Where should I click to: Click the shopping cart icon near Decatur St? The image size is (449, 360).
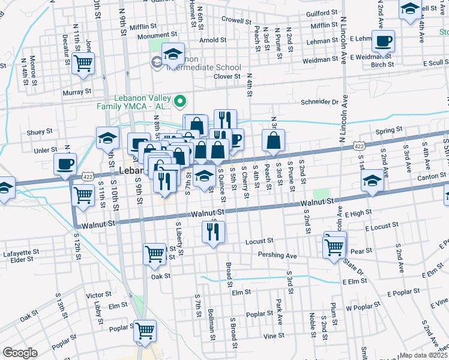pyautogui.click(x=83, y=64)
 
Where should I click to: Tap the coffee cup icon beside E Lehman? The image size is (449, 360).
pyautogui.click(x=383, y=42)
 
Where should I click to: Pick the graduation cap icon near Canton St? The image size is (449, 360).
pyautogui.click(x=372, y=182)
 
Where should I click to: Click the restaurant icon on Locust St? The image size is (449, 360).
pyautogui.click(x=214, y=232)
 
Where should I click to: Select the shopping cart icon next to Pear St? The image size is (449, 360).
pyautogui.click(x=334, y=245)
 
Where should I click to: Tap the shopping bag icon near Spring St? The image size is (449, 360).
pyautogui.click(x=273, y=142)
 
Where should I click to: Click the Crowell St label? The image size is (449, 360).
pyautogui.click(x=235, y=20)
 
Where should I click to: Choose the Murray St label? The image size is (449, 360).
pyautogui.click(x=77, y=92)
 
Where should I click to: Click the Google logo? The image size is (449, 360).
pyautogui.click(x=19, y=353)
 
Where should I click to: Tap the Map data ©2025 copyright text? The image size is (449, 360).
pyautogui.click(x=424, y=355)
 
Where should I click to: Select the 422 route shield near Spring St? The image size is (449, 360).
pyautogui.click(x=359, y=146)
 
